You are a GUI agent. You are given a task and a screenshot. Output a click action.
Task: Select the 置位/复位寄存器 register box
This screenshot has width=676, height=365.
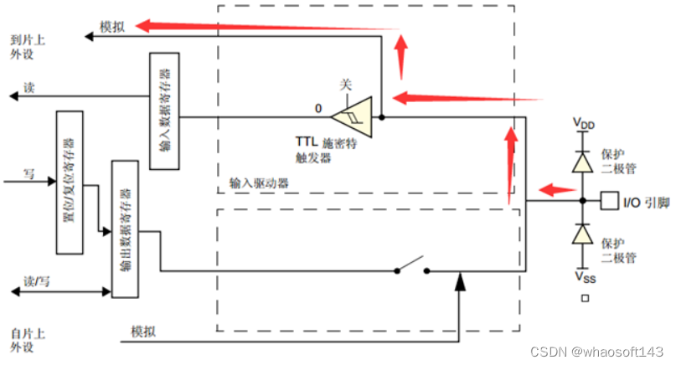(x=70, y=182)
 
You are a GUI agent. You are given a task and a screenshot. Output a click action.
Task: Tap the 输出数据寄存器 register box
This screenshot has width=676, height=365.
(x=124, y=228)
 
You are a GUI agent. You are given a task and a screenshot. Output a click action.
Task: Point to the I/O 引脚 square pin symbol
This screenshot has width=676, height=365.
(x=610, y=202)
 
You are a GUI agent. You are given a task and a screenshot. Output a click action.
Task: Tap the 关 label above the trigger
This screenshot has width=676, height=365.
(x=345, y=85)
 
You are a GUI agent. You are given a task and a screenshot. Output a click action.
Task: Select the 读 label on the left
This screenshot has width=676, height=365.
(x=29, y=87)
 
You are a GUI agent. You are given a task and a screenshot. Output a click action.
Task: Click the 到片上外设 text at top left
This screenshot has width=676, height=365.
(x=27, y=47)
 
